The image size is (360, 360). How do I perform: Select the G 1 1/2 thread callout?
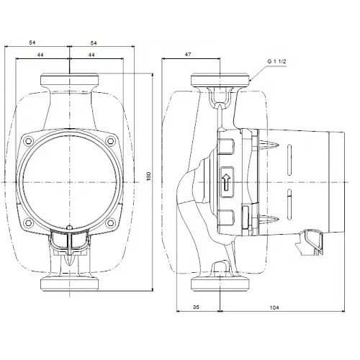pos(276,62)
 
